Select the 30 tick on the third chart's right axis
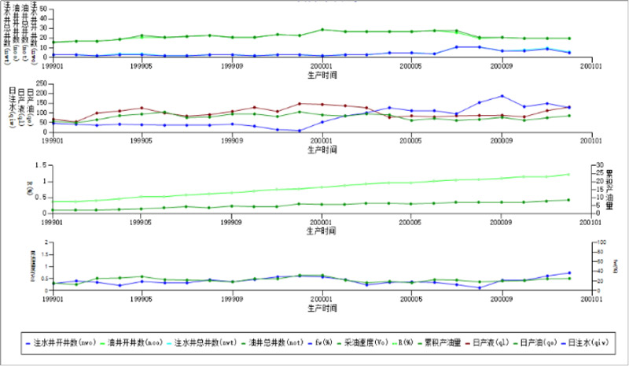click(598, 166)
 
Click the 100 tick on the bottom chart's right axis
click(599, 242)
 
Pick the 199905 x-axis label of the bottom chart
click(142, 299)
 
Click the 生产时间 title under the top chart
click(322, 74)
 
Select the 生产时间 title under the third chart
click(322, 230)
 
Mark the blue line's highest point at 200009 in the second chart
click(502, 96)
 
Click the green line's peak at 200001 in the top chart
click(322, 30)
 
